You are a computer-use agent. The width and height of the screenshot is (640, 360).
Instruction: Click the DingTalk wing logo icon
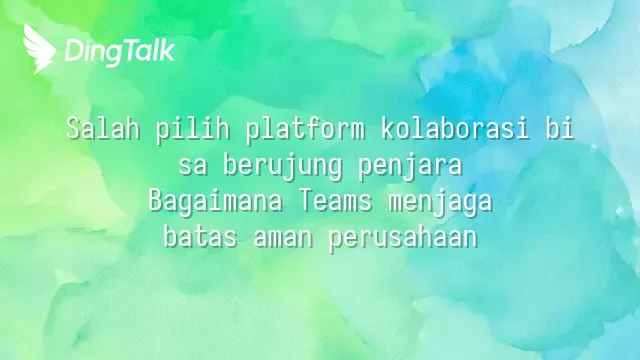(x=39, y=48)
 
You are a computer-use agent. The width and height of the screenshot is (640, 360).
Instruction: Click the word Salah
(x=103, y=129)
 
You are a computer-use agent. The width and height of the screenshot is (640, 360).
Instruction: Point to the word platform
(x=305, y=131)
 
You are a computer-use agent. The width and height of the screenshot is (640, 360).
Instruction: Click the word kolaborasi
(x=455, y=129)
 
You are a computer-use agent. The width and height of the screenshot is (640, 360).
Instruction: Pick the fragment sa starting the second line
(x=193, y=167)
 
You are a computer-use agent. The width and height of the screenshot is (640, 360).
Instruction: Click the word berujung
(x=282, y=167)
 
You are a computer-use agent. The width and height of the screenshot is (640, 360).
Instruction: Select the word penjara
(x=410, y=167)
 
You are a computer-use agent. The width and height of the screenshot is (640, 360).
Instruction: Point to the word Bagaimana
(x=215, y=202)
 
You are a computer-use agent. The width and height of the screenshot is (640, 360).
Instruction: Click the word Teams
(x=335, y=201)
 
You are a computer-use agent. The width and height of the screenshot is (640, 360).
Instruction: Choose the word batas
(x=200, y=236)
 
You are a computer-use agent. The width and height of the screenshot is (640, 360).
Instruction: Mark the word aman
(x=283, y=238)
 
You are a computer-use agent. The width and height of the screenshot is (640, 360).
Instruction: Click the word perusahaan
(x=403, y=238)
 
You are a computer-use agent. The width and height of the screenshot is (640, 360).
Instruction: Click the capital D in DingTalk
(x=73, y=51)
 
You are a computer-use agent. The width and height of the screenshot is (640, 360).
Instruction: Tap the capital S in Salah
(x=73, y=129)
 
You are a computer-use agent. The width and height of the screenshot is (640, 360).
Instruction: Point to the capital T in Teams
(x=305, y=201)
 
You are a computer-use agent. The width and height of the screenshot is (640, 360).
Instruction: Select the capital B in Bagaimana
(x=155, y=201)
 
